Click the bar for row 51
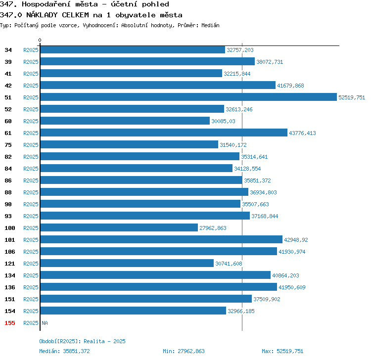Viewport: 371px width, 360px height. pyautogui.click(x=188, y=97)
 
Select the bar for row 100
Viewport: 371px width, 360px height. pyautogui.click(x=119, y=227)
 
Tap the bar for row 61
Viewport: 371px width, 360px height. pyautogui.click(x=164, y=133)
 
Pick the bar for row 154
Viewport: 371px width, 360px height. pyautogui.click(x=133, y=311)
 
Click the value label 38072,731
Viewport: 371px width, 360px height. pyautogui.click(x=270, y=62)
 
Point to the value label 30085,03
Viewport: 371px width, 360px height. pyautogui.click(x=223, y=121)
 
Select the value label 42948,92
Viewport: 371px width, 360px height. pyautogui.click(x=296, y=240)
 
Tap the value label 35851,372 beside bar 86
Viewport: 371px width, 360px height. pyautogui.click(x=257, y=180)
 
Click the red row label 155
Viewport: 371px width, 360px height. pyautogui.click(x=10, y=323)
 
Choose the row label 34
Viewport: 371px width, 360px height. pyautogui.click(x=8, y=50)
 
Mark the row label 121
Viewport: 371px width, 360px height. pyautogui.click(x=10, y=264)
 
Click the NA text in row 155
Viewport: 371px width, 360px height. pyautogui.click(x=45, y=323)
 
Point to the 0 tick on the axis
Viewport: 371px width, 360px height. pyautogui.click(x=40, y=40)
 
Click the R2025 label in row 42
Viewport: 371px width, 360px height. pyautogui.click(x=31, y=86)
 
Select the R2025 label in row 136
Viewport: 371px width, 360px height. pyautogui.click(x=31, y=287)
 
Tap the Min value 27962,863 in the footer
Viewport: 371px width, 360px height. pyautogui.click(x=191, y=351)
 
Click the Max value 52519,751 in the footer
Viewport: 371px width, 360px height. pyautogui.click(x=290, y=351)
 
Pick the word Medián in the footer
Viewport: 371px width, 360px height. pyautogui.click(x=49, y=351)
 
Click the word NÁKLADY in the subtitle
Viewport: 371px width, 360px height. pyautogui.click(x=42, y=15)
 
